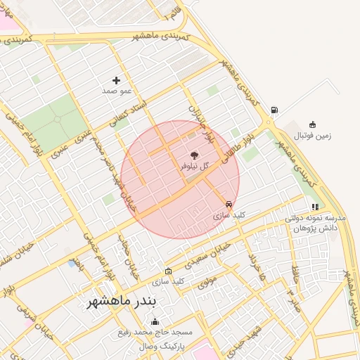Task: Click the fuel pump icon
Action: pos(273,110)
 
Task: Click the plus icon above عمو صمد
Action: pos(116,80)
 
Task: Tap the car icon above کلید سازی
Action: pos(229,205)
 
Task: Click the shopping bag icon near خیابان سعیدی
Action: pos(167,271)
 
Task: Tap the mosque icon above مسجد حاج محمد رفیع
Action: pos(155,321)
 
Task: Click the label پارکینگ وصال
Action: pos(161,347)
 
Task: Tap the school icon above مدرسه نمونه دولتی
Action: pos(314,207)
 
